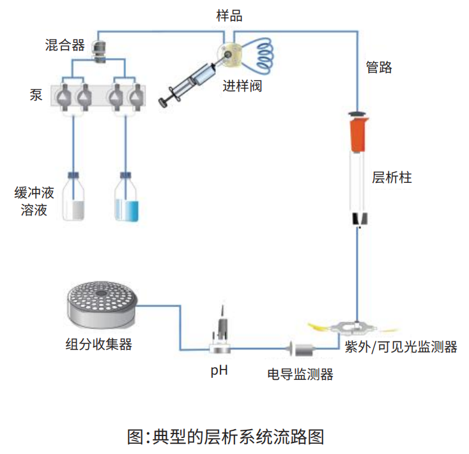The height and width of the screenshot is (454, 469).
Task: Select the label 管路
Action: [379, 67]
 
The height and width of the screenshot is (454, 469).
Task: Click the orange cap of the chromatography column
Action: [359, 133]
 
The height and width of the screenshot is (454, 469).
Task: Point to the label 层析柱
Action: [392, 178]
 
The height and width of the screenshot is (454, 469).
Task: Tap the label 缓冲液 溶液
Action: [34, 201]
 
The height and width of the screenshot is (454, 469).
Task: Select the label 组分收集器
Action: [98, 344]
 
